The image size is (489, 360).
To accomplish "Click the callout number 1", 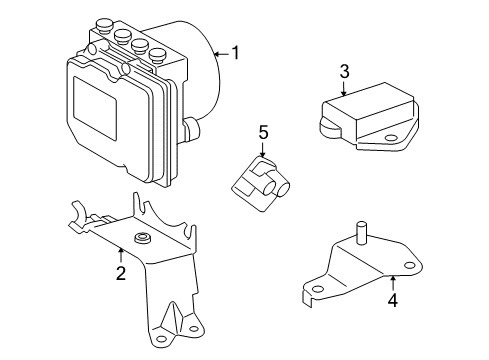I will tap(236, 53).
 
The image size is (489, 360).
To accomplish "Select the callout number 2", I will tap(119, 273).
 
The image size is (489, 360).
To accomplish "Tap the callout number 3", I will tap(344, 71).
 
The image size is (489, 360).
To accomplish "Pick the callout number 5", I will tap(264, 132).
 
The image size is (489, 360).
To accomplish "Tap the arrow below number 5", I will tap(264, 150).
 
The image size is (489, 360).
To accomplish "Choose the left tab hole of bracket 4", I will tap(317, 292).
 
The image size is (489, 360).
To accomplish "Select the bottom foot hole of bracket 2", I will tap(186, 319).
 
